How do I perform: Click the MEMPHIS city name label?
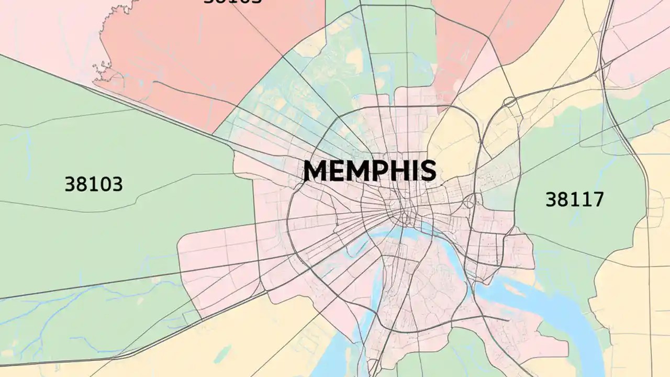(370, 171)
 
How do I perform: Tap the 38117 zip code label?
(574, 199)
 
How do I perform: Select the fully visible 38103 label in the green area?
(94, 184)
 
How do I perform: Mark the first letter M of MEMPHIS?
(315, 171)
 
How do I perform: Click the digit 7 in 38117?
(597, 199)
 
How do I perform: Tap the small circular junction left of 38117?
(470, 200)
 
